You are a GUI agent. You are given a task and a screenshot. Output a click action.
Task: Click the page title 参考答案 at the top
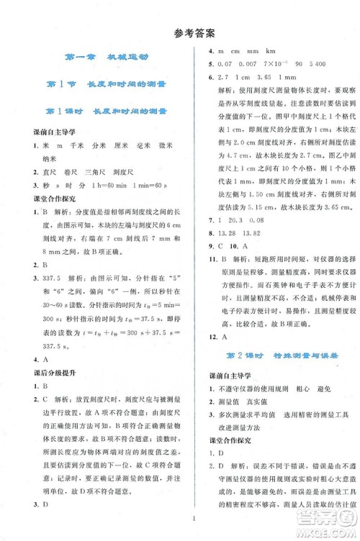coord(180,31)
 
